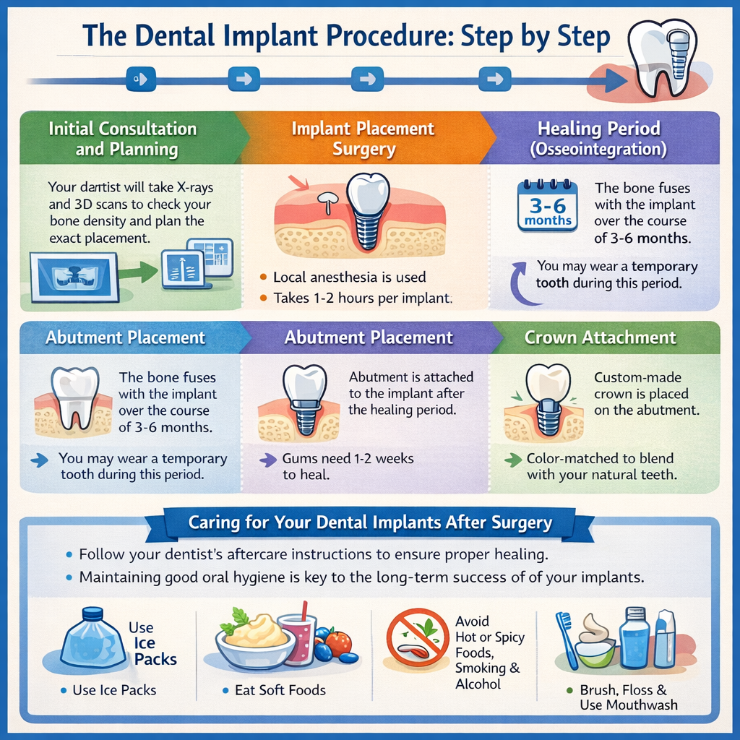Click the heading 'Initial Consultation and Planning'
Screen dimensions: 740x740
coord(122,139)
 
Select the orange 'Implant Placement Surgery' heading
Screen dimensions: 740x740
coord(363,139)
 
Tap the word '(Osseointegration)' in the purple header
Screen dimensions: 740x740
coord(598,150)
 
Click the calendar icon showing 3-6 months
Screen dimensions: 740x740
coord(547,205)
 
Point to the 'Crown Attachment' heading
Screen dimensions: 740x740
coord(600,337)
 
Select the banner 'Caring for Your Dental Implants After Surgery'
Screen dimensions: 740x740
coord(369,522)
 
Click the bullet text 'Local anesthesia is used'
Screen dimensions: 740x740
coord(349,277)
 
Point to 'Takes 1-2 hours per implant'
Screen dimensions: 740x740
coord(362,297)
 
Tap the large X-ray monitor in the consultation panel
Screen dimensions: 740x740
coord(74,276)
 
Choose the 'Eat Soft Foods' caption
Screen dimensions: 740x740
coord(280,690)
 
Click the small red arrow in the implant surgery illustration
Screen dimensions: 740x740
coord(296,181)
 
